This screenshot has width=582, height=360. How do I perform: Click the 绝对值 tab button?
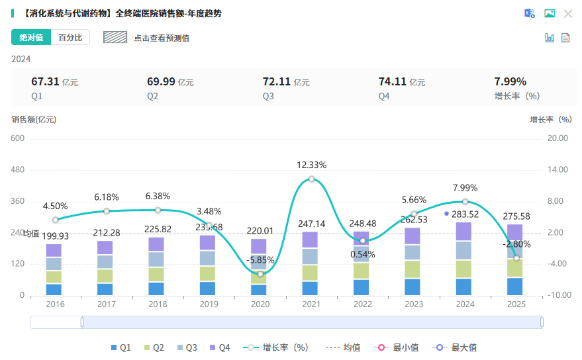pos(30,38)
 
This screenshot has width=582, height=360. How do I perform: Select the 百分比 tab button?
pos(70,38)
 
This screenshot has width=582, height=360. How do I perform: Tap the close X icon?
pos(568,14)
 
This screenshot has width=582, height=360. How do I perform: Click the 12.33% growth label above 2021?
pos(311,165)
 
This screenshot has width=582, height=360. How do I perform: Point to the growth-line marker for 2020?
pos(260,274)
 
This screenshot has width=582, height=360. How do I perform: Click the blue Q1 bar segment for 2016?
pos(54,289)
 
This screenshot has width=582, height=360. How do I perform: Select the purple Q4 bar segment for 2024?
pos(465,232)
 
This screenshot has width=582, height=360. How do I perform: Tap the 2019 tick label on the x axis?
pos(208,304)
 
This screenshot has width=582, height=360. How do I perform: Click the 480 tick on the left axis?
pos(18,169)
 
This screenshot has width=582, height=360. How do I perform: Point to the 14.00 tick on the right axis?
pos(558,169)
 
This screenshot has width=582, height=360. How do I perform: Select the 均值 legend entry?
pos(344,347)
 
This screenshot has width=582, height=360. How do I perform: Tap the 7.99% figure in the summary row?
pos(510,82)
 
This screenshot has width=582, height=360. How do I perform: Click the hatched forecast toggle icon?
pos(115,38)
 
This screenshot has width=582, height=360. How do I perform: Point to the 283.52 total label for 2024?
pos(465,213)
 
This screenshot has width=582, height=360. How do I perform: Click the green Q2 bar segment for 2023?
pos(413,269)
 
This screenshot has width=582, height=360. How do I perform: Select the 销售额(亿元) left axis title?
pos(34,120)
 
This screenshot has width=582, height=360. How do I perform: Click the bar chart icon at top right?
pos(550,38)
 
